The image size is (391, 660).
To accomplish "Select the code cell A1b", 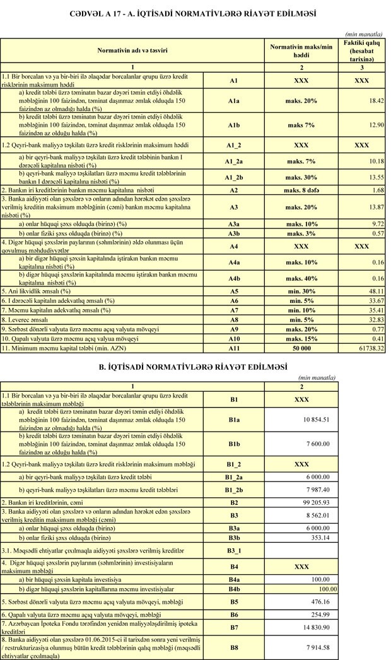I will pyautogui.click(x=233, y=125).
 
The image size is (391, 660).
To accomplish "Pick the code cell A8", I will pyautogui.click(x=233, y=319).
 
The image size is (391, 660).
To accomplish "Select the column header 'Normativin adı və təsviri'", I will pyautogui.click(x=132, y=49).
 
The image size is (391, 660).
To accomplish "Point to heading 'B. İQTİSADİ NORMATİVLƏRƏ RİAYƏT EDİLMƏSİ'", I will pyautogui.click(x=195, y=366).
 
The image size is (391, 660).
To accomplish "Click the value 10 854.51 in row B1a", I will pyautogui.click(x=318, y=419).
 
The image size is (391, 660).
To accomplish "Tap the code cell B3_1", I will pyautogui.click(x=233, y=550).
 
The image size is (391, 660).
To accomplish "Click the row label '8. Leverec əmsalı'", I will pyautogui.click(x=32, y=319).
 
